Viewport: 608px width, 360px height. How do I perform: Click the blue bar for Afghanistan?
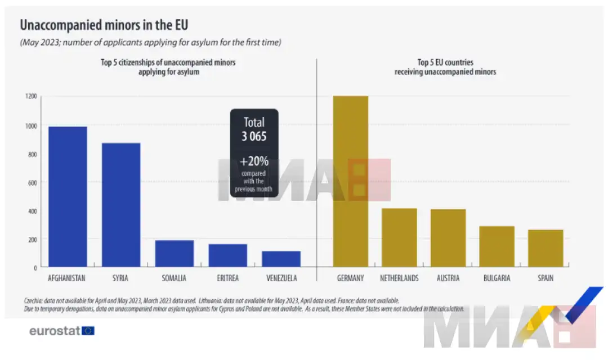tap(67, 196)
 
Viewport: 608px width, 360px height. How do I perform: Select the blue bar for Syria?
tap(120, 205)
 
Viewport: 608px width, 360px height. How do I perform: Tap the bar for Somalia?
tap(174, 254)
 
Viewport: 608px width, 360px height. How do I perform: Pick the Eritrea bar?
tap(227, 255)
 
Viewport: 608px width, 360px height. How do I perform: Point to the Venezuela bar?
tap(281, 259)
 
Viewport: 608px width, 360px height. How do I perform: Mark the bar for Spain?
tap(545, 248)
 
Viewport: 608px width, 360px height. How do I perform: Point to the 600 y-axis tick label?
tap(32, 182)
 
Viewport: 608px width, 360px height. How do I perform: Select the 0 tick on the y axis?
tap(35, 268)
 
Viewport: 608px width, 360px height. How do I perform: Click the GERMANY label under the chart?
tap(350, 278)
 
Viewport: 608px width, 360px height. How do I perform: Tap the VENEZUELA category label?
tap(281, 278)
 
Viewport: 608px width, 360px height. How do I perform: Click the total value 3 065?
tap(254, 137)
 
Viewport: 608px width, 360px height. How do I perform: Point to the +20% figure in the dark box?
tap(254, 161)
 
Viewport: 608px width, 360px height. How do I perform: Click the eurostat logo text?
tap(55, 331)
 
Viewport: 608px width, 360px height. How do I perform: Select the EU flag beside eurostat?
tap(88, 331)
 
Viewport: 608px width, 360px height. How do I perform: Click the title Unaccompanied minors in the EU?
tap(104, 25)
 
